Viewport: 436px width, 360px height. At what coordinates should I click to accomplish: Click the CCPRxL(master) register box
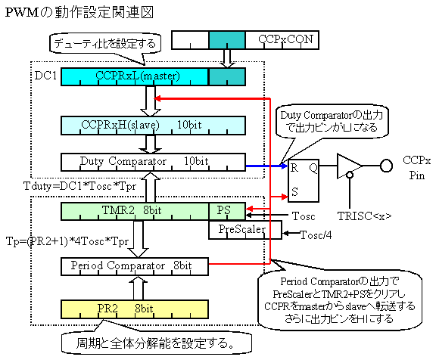pyautogui.click(x=135, y=76)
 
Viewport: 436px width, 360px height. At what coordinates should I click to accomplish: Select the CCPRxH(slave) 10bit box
pyautogui.click(x=153, y=126)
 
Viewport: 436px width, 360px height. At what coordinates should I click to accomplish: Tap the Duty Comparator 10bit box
pyautogui.click(x=153, y=162)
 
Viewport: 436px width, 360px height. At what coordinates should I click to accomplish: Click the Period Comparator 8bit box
pyautogui.click(x=135, y=267)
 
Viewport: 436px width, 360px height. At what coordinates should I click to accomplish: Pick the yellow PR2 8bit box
pyautogui.click(x=135, y=309)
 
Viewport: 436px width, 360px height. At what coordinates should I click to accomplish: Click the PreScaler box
pyautogui.click(x=245, y=230)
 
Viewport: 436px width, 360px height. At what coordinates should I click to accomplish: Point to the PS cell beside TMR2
pyautogui.click(x=227, y=212)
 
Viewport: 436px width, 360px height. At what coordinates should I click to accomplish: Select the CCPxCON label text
pyautogui.click(x=285, y=39)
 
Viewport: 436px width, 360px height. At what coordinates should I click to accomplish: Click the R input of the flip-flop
pyautogui.click(x=294, y=168)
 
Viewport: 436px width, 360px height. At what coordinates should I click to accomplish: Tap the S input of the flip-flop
pyautogui.click(x=294, y=191)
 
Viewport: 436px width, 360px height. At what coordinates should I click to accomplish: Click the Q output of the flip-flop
pyautogui.click(x=313, y=168)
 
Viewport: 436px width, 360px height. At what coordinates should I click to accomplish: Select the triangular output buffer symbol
pyautogui.click(x=350, y=166)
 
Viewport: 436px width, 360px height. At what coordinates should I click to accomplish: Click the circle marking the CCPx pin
pyautogui.click(x=386, y=166)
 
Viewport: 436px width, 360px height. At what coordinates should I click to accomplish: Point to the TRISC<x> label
pyautogui.click(x=364, y=216)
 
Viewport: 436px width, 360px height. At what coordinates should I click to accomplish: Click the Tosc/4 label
pyautogui.click(x=316, y=235)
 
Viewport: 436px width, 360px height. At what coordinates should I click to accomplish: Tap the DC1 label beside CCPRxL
pyautogui.click(x=45, y=76)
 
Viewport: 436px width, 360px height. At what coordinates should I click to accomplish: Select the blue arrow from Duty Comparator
pyautogui.click(x=267, y=166)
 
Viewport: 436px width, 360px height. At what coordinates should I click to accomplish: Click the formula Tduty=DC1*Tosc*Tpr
pyautogui.click(x=80, y=186)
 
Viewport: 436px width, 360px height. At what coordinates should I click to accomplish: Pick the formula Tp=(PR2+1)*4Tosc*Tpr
pyautogui.click(x=67, y=241)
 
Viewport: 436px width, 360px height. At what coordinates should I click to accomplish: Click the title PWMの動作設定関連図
pyautogui.click(x=79, y=13)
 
